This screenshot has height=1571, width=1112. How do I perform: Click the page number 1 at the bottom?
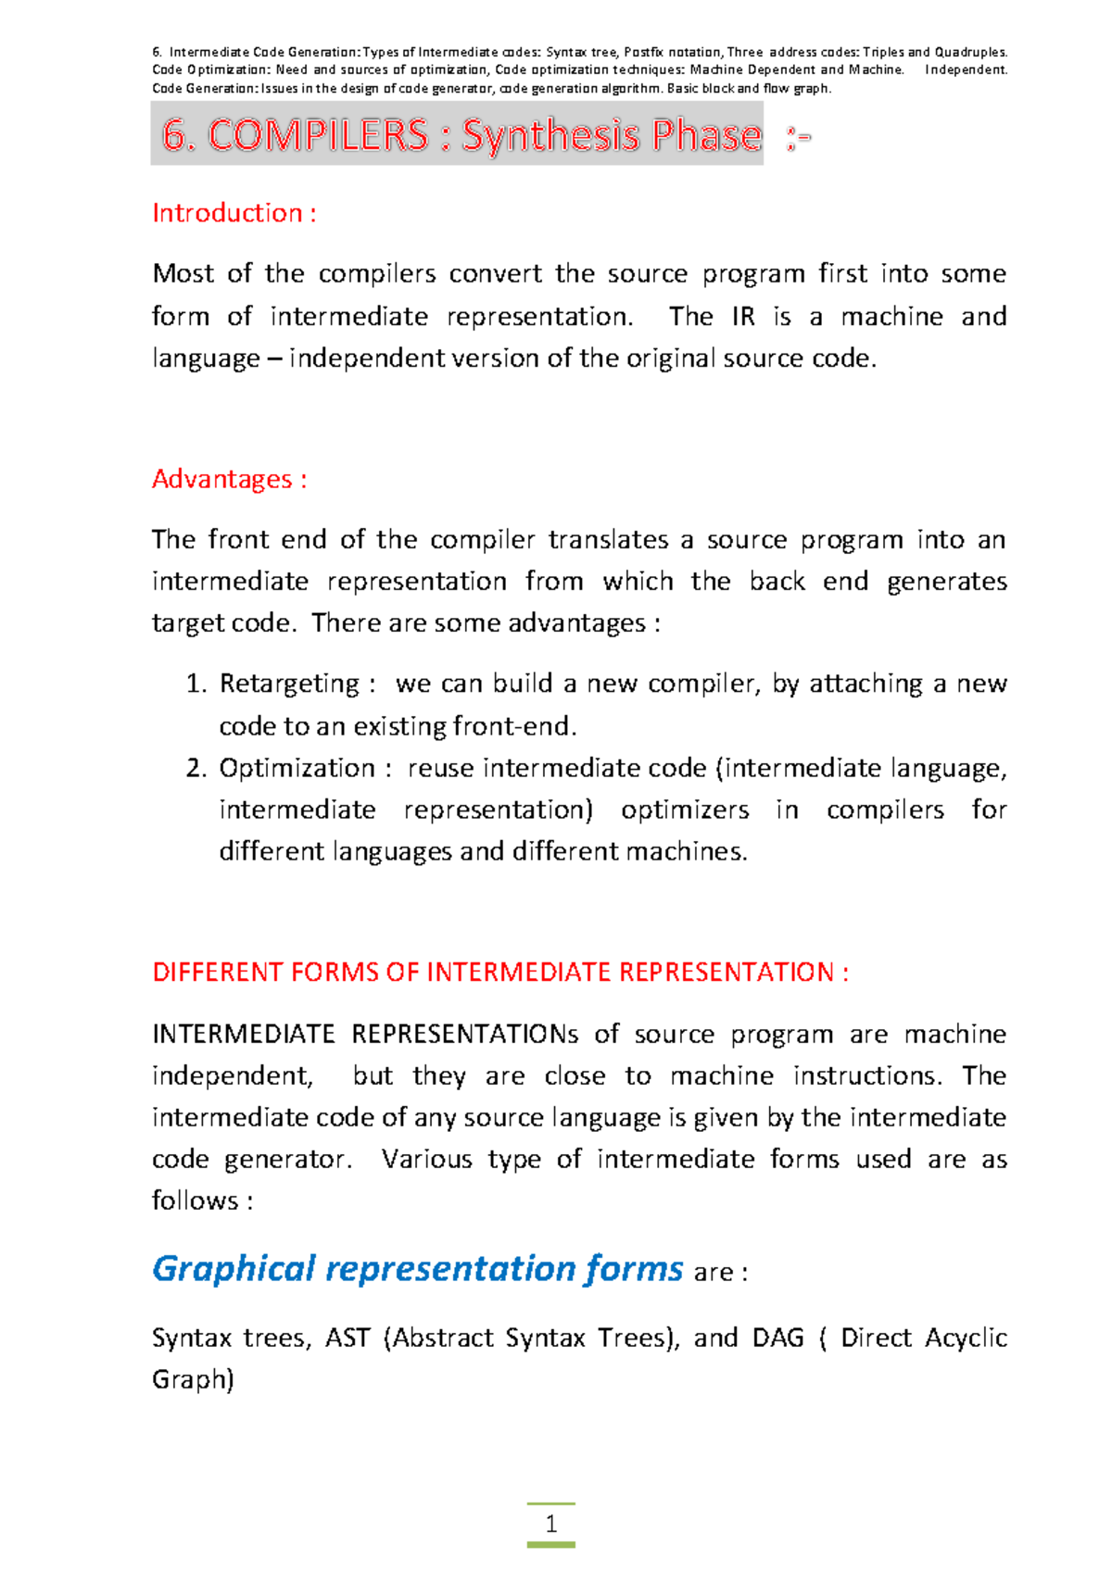click(551, 1524)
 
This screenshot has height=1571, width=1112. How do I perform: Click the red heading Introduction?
click(227, 213)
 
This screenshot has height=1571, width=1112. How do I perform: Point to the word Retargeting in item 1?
click(288, 685)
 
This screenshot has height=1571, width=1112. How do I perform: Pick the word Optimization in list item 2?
click(297, 768)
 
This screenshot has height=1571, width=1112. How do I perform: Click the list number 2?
click(195, 768)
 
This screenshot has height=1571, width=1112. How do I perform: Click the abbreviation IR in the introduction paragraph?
click(743, 317)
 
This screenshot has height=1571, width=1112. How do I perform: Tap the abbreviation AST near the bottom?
click(347, 1338)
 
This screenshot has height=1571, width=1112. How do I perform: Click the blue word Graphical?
click(234, 1268)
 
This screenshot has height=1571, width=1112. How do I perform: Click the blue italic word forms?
click(634, 1268)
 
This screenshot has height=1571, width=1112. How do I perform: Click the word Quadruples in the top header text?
click(969, 53)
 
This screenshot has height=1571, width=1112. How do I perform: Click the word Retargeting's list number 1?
click(195, 685)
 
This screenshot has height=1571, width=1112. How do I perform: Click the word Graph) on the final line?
click(193, 1379)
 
